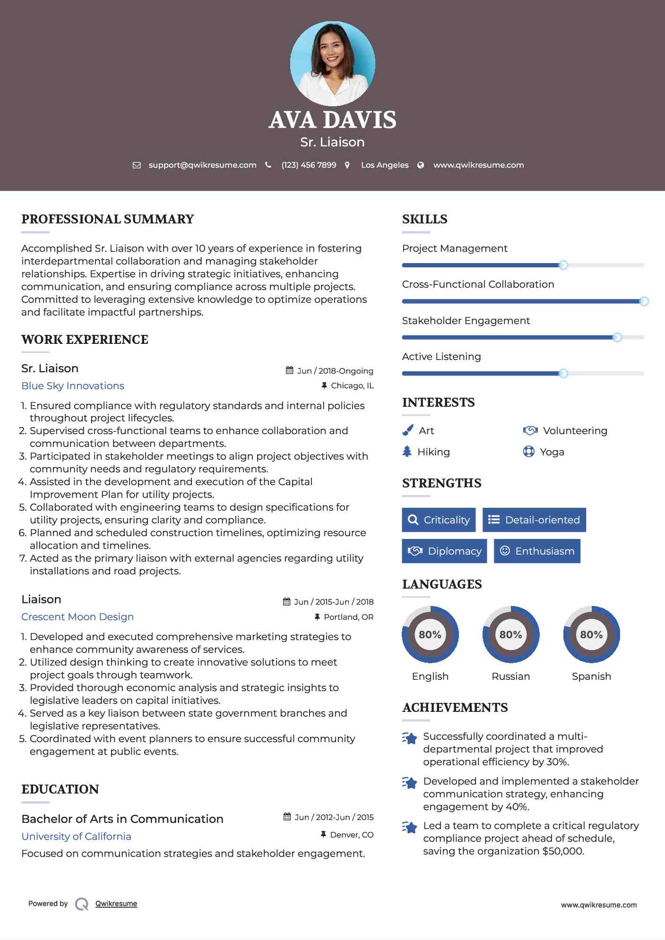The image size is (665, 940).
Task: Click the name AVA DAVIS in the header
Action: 332,120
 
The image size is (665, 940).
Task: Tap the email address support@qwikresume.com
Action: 202,165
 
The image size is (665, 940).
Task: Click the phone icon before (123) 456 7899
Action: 268,165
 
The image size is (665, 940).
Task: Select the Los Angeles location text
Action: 385,165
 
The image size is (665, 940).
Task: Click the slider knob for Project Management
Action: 563,265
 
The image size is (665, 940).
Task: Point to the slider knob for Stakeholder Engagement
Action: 617,337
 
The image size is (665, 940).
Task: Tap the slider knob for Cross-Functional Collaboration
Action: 644,301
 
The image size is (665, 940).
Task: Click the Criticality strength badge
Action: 439,520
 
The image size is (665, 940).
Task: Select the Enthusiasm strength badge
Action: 537,551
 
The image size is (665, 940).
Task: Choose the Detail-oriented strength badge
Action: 534,520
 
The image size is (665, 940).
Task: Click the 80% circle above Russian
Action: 510,634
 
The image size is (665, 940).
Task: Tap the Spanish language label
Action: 591,676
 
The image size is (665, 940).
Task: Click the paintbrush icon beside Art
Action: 407,430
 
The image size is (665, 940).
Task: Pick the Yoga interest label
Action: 552,452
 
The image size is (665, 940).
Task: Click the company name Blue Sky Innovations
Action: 73,385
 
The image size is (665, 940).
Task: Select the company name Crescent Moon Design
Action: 78,616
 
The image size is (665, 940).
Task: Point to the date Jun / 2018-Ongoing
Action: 335,371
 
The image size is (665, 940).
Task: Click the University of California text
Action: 76,836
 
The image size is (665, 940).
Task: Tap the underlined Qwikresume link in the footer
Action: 116,904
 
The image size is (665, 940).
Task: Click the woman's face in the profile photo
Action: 332,47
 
